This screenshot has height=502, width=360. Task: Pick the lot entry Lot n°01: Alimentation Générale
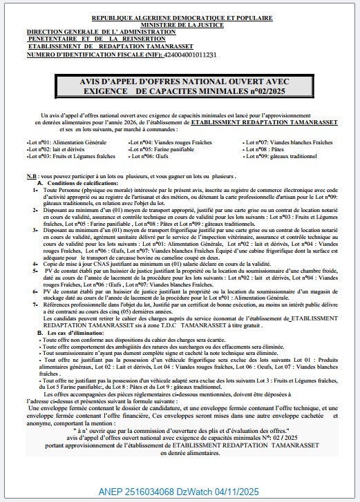66,142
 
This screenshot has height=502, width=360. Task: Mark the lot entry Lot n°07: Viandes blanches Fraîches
285,142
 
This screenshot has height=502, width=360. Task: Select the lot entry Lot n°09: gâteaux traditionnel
280,155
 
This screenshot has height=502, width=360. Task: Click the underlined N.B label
32,177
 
